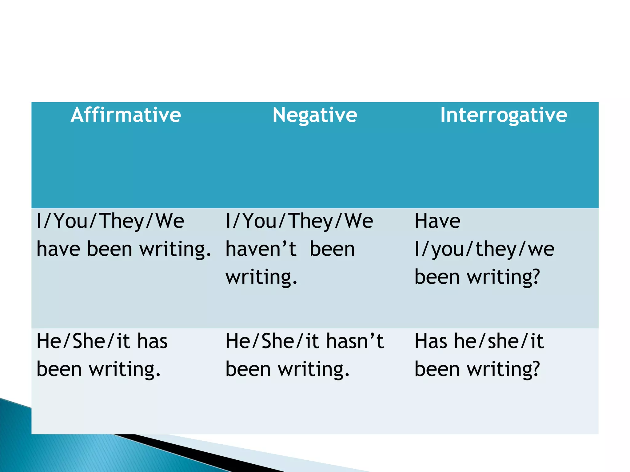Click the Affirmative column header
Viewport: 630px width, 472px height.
coord(126,115)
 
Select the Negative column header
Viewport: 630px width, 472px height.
coord(315,115)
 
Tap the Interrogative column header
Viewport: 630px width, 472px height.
coord(504,115)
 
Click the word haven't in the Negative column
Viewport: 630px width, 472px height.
coord(261,249)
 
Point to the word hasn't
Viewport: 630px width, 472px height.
coord(355,341)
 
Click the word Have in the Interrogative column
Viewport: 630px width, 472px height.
coord(437,221)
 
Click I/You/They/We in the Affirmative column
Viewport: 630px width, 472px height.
coord(110,221)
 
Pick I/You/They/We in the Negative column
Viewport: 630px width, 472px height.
coord(299,221)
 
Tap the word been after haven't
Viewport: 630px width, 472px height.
coord(332,249)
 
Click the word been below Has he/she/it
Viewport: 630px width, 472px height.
coord(437,369)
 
